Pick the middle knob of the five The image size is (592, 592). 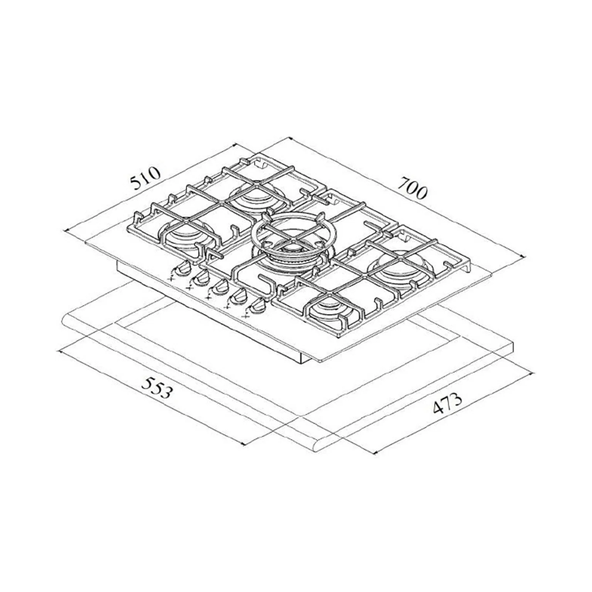pyautogui.click(x=219, y=286)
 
